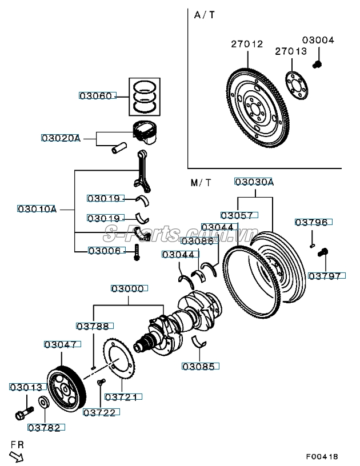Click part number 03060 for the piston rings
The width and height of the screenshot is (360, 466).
point(97,96)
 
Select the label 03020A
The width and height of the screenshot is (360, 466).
point(61,138)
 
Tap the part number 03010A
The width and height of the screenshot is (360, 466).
point(37,210)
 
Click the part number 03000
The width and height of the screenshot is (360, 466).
point(127,289)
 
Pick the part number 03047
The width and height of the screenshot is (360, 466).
point(61,344)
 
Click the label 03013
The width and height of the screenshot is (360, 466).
point(26,387)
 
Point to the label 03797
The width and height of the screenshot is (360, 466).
point(325,276)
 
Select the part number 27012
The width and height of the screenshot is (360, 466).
point(247,43)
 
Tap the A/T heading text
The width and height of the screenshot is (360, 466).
point(205,15)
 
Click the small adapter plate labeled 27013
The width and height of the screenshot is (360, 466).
point(297,85)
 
